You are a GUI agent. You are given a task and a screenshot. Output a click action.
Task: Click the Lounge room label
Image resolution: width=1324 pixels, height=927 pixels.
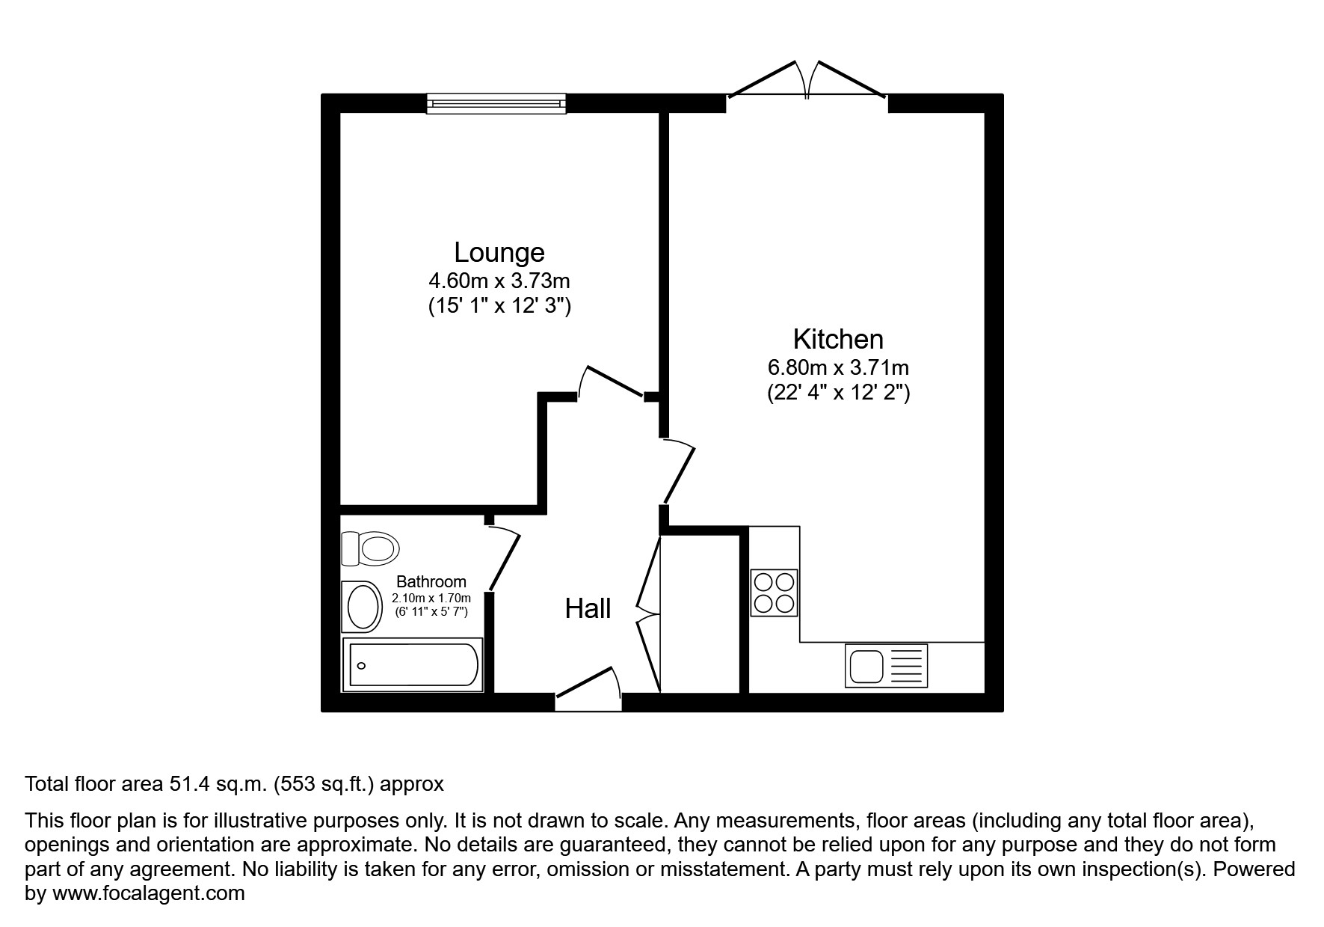499,253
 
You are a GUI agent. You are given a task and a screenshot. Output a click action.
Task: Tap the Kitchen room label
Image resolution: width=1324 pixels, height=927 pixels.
837,340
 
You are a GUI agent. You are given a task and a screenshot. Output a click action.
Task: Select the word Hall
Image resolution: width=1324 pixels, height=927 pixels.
588,609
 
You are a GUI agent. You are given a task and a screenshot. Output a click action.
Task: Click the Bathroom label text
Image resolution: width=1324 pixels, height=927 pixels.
431,581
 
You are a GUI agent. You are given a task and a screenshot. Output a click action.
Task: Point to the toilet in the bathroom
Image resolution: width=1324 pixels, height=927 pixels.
369,549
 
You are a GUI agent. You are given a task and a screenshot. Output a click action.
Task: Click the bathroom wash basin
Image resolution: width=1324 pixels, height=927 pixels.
363,607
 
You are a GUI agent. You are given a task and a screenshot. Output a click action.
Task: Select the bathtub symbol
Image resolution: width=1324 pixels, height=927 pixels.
412,664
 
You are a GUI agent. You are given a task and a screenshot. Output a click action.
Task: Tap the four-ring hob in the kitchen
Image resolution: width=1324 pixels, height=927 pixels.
774,593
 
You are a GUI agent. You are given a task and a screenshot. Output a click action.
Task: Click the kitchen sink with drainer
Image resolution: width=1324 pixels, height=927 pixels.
886,665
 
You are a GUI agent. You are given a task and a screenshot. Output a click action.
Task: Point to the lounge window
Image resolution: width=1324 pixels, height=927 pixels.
496,103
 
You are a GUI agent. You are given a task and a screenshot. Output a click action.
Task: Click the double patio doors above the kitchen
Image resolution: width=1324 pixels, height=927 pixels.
807,81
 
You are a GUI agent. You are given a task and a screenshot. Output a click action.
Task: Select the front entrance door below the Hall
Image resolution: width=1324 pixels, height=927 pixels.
588,685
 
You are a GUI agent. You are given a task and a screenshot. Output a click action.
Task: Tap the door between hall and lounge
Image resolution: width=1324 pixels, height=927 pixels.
612,381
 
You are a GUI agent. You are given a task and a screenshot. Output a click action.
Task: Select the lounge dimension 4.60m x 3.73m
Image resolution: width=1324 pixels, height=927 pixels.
499,281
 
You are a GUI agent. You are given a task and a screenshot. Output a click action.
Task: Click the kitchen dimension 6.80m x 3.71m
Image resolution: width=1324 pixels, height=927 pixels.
837,368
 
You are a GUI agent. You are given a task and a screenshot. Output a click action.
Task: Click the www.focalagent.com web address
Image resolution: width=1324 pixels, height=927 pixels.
148,893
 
